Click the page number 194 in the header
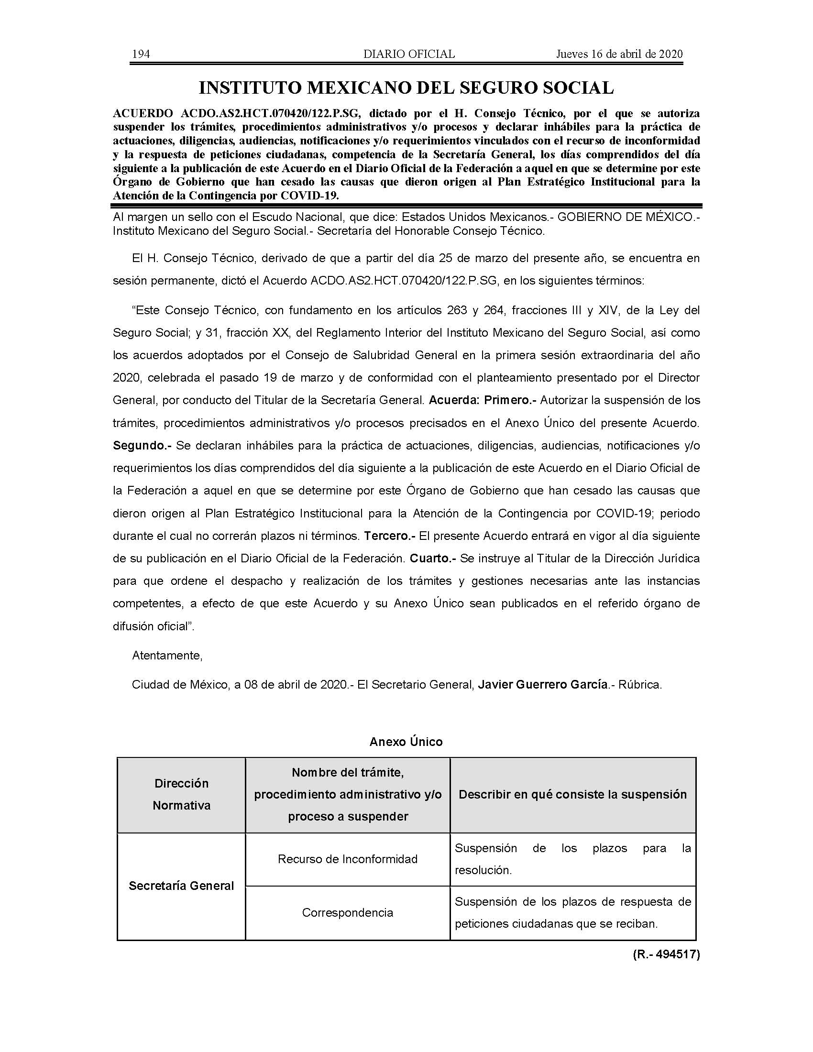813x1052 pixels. [141, 54]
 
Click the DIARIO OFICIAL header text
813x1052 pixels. [409, 54]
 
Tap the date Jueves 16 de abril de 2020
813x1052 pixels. [619, 54]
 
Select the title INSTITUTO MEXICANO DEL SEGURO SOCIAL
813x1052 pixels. [406, 88]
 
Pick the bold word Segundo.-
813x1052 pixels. [142, 446]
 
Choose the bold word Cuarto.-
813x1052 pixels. [432, 558]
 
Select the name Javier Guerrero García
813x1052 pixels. [542, 684]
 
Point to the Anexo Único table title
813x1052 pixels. [406, 741]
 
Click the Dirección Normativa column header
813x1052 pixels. [182, 794]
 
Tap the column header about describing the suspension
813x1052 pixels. [572, 794]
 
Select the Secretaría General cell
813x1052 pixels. [182, 886]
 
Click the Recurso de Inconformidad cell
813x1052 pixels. [348, 859]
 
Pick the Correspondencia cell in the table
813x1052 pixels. [348, 912]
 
